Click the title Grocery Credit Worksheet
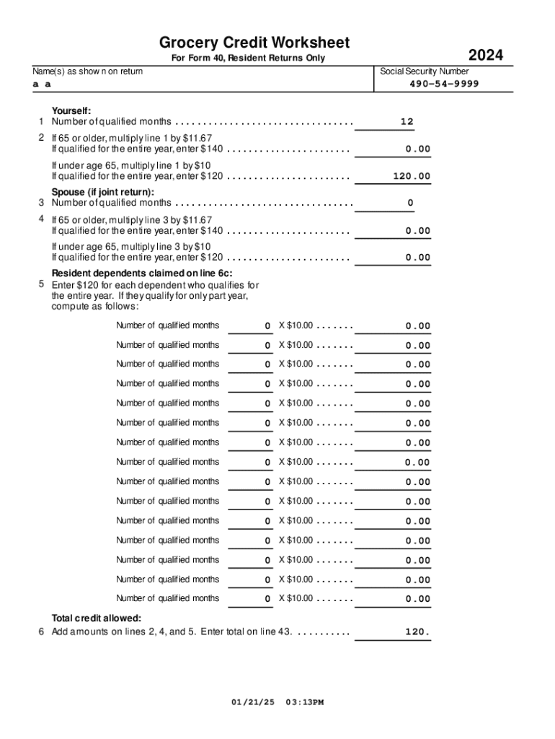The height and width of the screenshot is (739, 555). click(x=254, y=43)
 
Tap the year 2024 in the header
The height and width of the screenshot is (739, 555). click(x=485, y=56)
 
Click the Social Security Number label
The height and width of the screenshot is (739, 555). click(x=425, y=71)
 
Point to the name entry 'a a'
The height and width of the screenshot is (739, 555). click(x=42, y=84)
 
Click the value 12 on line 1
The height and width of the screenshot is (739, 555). click(x=407, y=122)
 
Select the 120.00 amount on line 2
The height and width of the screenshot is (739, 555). click(x=412, y=176)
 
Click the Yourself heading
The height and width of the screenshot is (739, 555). click(x=71, y=110)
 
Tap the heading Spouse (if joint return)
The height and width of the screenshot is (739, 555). click(x=102, y=192)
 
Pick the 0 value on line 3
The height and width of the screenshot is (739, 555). click(x=410, y=204)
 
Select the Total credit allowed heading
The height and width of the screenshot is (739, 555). click(x=96, y=618)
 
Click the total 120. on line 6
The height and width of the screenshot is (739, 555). click(x=417, y=632)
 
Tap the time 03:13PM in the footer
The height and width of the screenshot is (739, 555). click(x=305, y=701)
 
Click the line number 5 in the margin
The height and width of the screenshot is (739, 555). click(x=41, y=284)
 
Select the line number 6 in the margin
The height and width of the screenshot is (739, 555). click(x=41, y=632)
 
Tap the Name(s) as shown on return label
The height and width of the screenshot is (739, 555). click(x=87, y=71)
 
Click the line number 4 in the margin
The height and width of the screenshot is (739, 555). click(x=41, y=219)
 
